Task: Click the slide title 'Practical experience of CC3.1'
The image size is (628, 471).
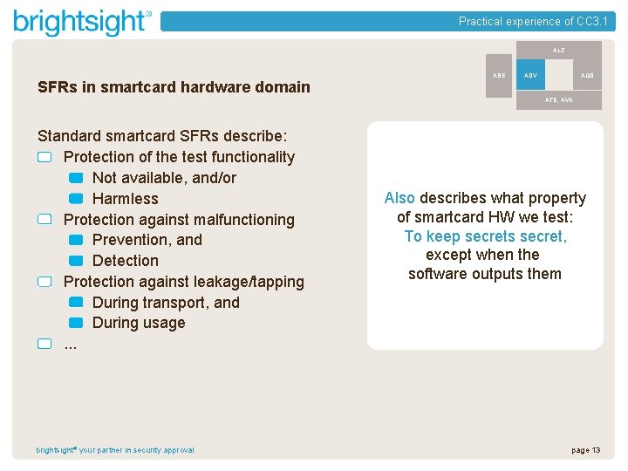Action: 533,22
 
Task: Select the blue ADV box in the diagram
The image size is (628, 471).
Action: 530,76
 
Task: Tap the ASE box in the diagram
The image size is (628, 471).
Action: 498,76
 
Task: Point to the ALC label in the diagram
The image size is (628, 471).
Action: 558,51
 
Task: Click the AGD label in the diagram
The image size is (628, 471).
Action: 587,76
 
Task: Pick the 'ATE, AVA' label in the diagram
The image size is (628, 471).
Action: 558,100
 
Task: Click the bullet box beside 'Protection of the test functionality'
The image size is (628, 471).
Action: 45,158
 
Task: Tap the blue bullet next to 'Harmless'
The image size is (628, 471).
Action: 75,199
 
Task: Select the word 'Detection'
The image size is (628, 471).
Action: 126,261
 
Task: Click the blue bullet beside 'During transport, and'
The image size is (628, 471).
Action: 75,303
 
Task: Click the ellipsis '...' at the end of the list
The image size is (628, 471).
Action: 71,344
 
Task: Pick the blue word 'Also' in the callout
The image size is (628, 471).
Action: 399,198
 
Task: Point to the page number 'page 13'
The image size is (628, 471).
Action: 585,450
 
